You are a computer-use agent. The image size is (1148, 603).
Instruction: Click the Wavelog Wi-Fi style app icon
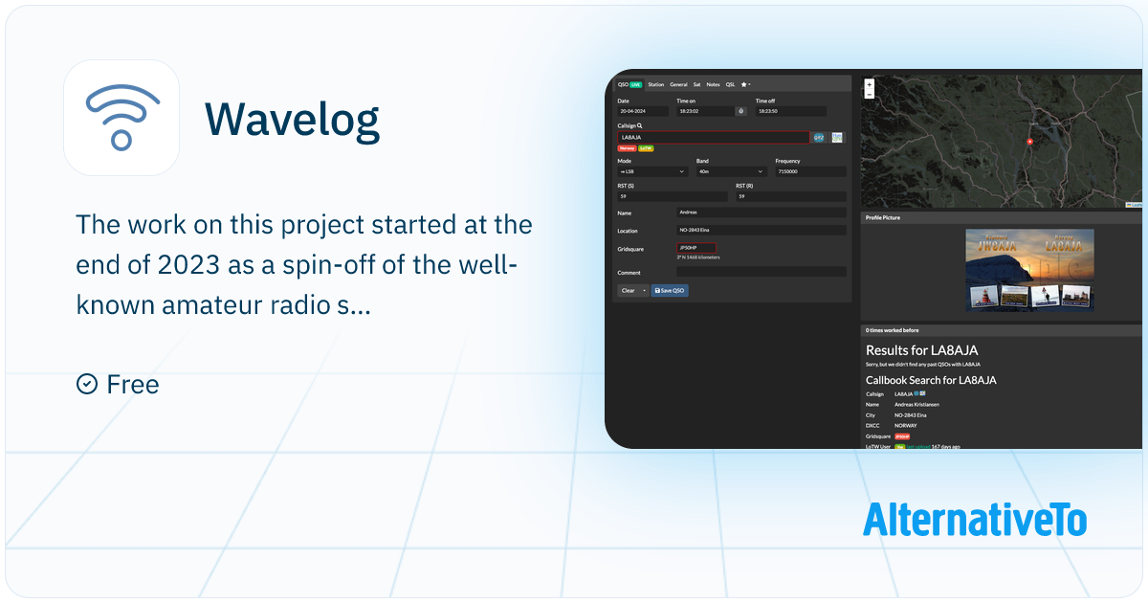(x=121, y=118)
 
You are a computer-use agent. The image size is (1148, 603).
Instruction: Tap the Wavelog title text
(x=292, y=119)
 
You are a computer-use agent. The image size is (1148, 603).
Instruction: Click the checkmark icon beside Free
(x=86, y=384)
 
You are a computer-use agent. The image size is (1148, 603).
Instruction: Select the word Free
(x=133, y=385)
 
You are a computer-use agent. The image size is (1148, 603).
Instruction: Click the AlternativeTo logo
(x=974, y=519)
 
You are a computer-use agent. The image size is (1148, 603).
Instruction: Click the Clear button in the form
(x=629, y=290)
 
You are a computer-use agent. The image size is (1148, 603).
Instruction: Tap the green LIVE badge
(x=636, y=84)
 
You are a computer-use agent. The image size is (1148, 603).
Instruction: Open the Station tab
(x=655, y=84)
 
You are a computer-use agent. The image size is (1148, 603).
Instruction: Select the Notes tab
(x=713, y=84)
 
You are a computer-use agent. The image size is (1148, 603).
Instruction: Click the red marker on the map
(x=1029, y=142)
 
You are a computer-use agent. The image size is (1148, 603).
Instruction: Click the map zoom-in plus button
(x=869, y=84)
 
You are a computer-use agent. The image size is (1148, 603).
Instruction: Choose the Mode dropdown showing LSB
(x=652, y=171)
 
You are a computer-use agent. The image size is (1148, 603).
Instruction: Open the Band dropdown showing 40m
(x=731, y=171)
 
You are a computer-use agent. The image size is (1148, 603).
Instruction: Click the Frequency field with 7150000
(x=810, y=171)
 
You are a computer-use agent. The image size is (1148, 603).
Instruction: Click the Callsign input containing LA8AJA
(x=713, y=137)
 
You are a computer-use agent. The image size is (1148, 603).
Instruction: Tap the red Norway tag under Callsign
(x=627, y=148)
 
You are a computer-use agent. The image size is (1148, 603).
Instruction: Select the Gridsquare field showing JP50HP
(x=696, y=248)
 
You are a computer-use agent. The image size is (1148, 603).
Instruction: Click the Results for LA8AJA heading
(x=921, y=350)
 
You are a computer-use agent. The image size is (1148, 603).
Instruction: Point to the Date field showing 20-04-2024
(x=643, y=111)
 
